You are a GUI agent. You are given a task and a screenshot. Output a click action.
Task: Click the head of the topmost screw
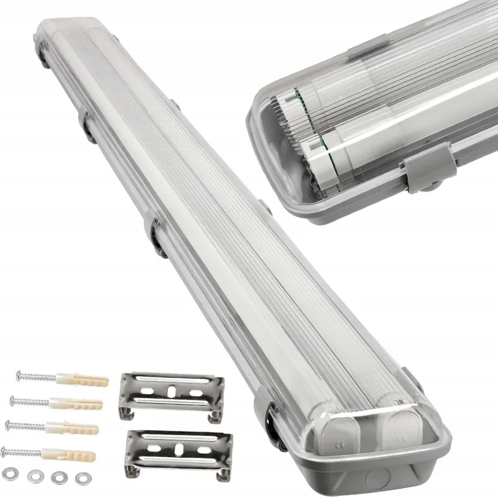tap(19, 373)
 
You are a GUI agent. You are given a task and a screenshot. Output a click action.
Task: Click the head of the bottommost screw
tap(4, 449)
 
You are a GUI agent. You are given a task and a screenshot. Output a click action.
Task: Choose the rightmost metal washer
tap(81, 479)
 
